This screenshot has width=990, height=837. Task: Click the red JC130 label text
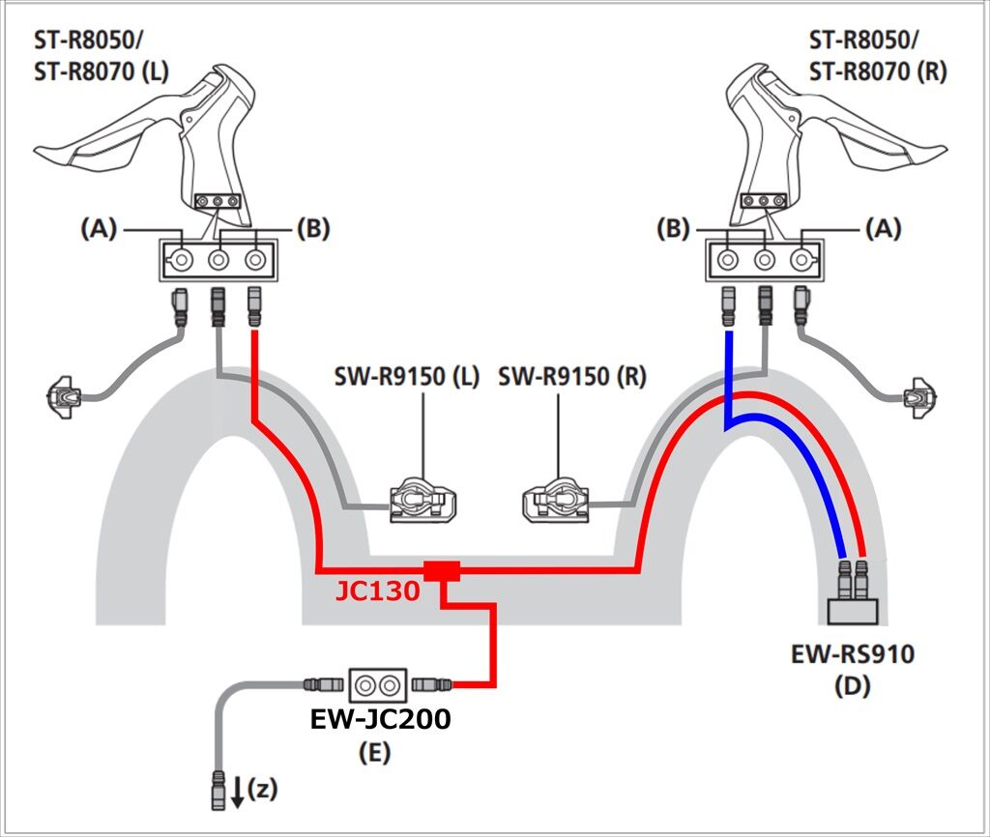(378, 592)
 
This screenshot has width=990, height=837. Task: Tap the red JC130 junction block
(441, 570)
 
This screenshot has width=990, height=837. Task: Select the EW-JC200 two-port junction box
(378, 685)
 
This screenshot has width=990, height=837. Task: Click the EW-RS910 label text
(853, 654)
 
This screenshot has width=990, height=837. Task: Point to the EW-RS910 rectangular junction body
(853, 612)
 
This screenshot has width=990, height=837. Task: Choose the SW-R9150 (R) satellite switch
(556, 501)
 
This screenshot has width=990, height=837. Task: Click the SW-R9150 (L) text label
(407, 377)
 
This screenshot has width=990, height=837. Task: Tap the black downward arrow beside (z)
(238, 792)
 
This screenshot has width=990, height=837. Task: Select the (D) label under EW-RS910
(853, 685)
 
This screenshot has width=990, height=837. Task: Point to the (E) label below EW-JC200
(374, 752)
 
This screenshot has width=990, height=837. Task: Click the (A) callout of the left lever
(100, 228)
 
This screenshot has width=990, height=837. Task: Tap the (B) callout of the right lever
(673, 228)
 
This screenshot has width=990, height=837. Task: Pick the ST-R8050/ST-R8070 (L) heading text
(101, 56)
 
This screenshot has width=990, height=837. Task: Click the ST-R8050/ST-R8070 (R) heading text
(878, 56)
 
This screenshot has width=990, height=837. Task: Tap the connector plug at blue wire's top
(728, 307)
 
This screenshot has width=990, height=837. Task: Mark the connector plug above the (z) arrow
(218, 790)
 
